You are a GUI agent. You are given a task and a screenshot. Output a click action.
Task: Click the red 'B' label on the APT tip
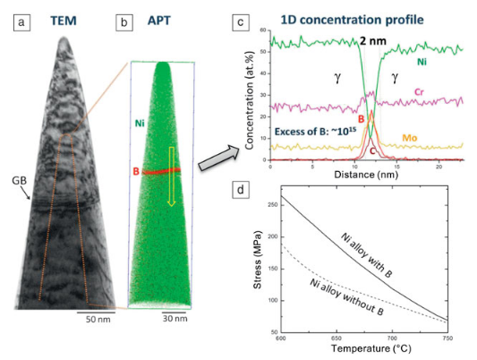click(x=138, y=169)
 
